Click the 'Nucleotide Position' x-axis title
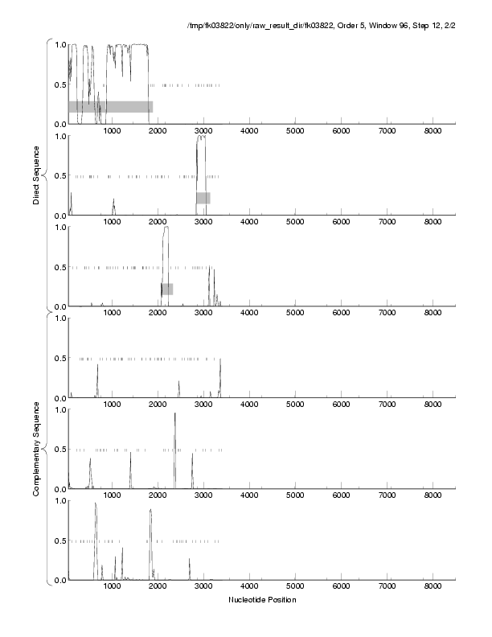tap(263, 600)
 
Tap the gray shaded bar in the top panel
tap(110, 106)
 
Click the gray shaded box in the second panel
tap(203, 198)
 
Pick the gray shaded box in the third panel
tap(166, 289)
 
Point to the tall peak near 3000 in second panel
tap(201, 138)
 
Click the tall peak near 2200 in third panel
tap(166, 229)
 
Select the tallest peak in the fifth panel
tap(174, 415)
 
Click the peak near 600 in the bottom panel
tap(96, 505)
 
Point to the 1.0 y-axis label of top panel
tap(59, 44)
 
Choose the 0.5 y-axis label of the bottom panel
tap(59, 540)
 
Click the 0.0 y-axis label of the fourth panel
tap(59, 398)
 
